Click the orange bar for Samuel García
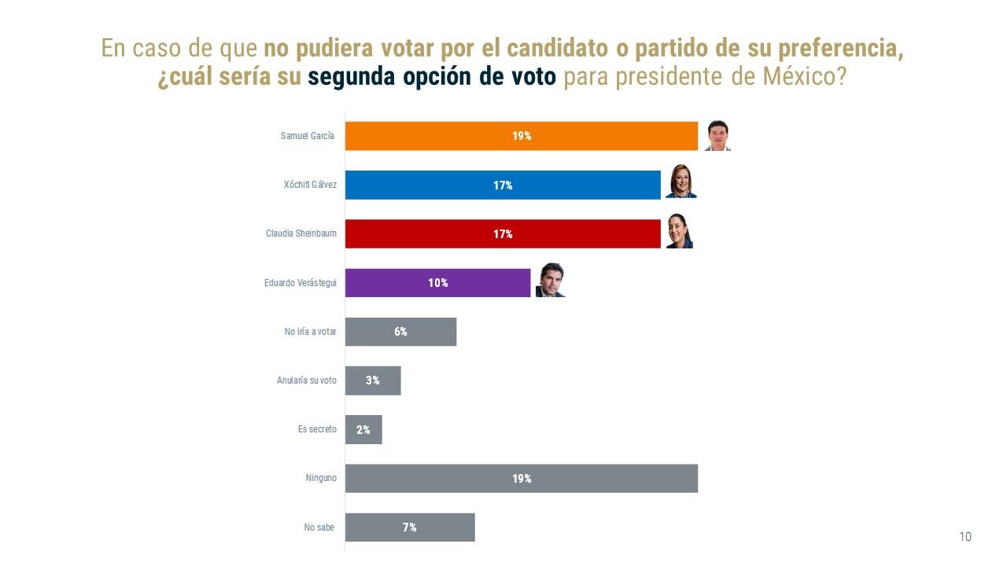pyautogui.click(x=522, y=136)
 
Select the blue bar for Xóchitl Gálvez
pyautogui.click(x=503, y=185)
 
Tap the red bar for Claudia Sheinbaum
pyautogui.click(x=503, y=233)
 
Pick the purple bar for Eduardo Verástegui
pyautogui.click(x=437, y=283)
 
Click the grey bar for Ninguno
pyautogui.click(x=522, y=478)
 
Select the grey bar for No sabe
pyautogui.click(x=410, y=527)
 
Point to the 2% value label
pyautogui.click(x=363, y=430)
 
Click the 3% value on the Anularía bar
pyautogui.click(x=373, y=380)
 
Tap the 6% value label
pyautogui.click(x=400, y=332)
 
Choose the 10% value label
pyautogui.click(x=438, y=283)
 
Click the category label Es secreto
pyautogui.click(x=317, y=430)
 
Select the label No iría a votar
pyautogui.click(x=310, y=332)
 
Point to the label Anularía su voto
pyautogui.click(x=306, y=380)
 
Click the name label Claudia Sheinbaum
pyautogui.click(x=301, y=234)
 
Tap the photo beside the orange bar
pyautogui.click(x=717, y=135)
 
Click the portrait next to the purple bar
pyautogui.click(x=551, y=281)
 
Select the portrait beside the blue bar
pyautogui.click(x=681, y=182)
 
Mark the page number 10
pyautogui.click(x=965, y=537)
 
